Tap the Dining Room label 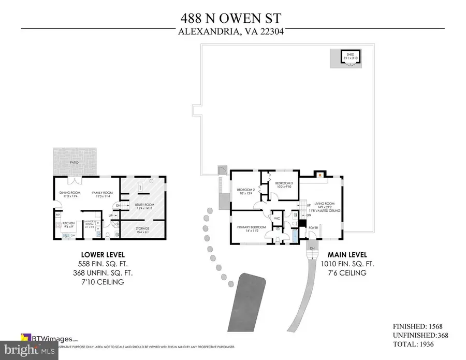coord(69,194)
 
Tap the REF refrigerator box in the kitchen coord(58,214)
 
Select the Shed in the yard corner coord(350,58)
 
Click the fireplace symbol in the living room coord(319,175)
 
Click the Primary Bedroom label coord(251,228)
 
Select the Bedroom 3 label coord(284,185)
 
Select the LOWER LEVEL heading coord(102,255)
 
